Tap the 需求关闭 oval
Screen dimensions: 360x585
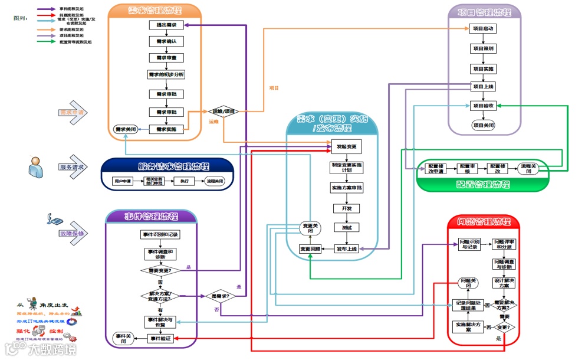(126, 129)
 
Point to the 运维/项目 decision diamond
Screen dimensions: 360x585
(223, 111)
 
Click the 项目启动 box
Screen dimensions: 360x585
(484, 28)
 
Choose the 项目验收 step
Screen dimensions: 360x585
(484, 106)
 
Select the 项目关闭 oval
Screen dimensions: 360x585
(484, 125)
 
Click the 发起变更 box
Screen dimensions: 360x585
(346, 146)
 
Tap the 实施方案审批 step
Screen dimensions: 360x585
(346, 188)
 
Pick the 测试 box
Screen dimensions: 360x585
(346, 227)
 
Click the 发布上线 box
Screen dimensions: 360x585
(346, 248)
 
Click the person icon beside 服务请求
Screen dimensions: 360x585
(36, 167)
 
